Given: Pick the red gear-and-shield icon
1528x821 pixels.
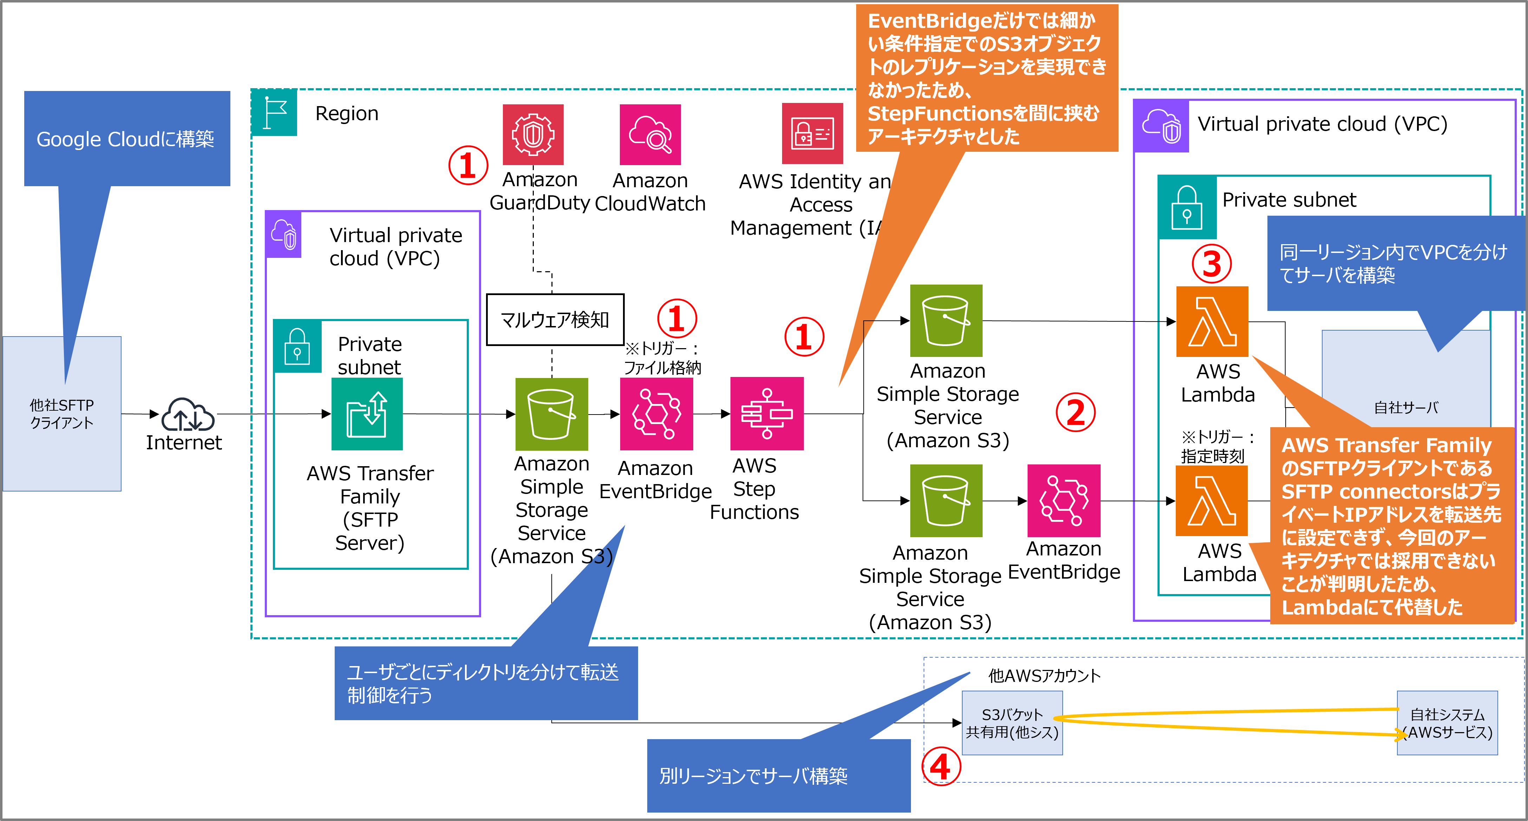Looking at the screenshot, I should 533,135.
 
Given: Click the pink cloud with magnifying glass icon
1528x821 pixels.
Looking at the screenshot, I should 650,135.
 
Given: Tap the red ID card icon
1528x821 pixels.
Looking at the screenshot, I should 812,133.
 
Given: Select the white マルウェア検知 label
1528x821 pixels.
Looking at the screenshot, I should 555,320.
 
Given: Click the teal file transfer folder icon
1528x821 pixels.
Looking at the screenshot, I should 367,414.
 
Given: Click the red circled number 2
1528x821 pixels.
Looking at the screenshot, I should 1075,412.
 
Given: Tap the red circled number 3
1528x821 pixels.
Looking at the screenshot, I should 1211,264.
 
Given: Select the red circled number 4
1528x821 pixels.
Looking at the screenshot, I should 941,767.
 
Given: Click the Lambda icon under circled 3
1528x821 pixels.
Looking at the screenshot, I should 1212,321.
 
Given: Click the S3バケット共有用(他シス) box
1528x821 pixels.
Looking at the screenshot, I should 1012,723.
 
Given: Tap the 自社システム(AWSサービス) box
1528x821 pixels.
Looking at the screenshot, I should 1447,723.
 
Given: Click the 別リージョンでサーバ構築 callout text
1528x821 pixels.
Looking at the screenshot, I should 753,775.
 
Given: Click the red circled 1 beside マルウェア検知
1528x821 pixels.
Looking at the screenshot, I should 677,319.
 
